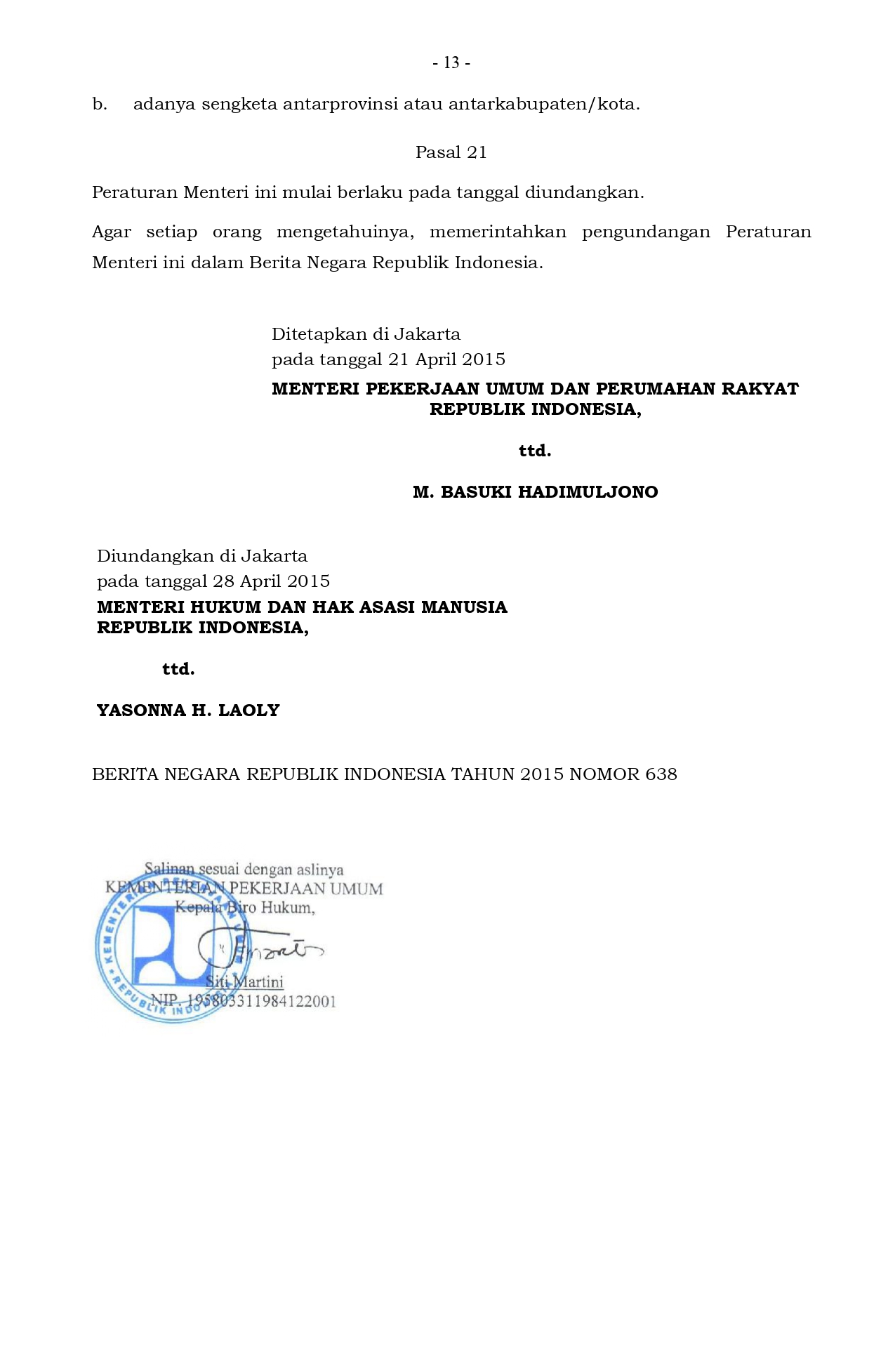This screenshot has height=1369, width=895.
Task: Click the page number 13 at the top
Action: tap(451, 63)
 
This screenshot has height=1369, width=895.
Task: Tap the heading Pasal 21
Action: tap(451, 152)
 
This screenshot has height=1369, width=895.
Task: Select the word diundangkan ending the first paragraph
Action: tap(584, 192)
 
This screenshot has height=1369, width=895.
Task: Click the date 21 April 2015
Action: tap(446, 359)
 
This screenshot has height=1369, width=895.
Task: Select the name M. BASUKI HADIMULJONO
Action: tap(535, 492)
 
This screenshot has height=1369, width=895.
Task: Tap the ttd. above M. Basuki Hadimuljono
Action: tap(534, 451)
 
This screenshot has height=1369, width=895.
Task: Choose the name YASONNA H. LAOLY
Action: tap(188, 710)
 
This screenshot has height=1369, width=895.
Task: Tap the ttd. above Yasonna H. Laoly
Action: tap(178, 669)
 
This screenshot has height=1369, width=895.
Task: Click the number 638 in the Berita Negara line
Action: tap(661, 774)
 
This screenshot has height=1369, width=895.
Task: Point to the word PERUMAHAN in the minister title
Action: tap(645, 389)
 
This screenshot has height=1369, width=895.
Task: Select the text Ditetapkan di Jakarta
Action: tap(366, 334)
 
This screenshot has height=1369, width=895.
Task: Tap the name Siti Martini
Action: tap(244, 981)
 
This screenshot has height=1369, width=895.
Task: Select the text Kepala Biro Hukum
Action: tap(244, 908)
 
